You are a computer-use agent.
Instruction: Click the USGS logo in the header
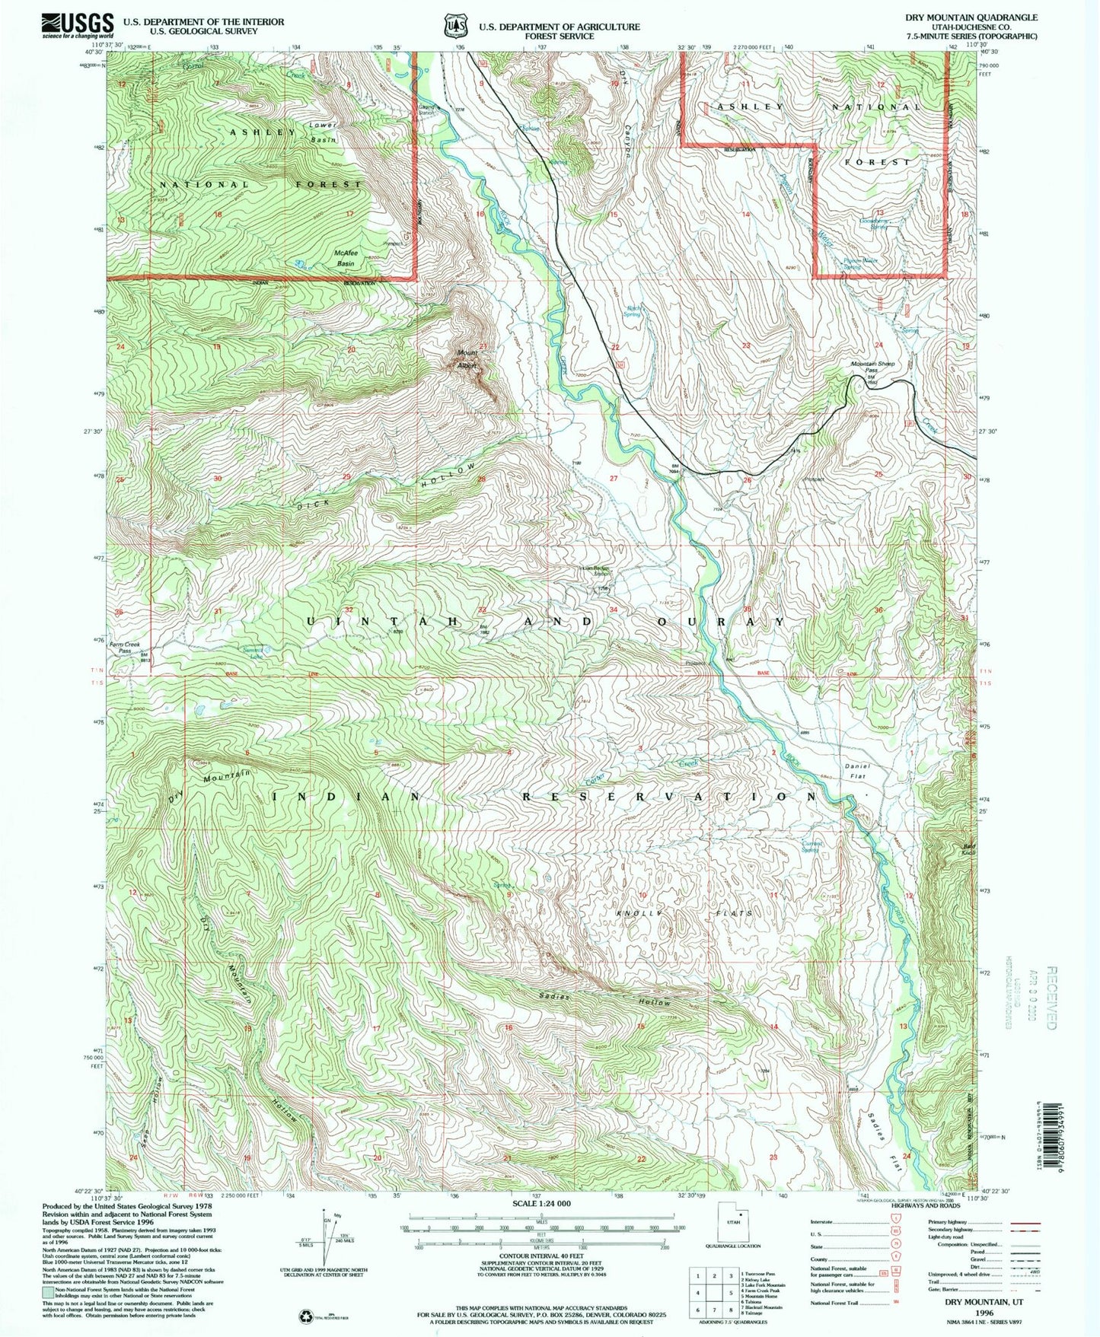click(78, 24)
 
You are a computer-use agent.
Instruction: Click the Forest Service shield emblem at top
click(455, 25)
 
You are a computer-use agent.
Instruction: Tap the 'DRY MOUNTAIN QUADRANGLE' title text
click(971, 17)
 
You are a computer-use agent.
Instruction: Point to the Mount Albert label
click(467, 359)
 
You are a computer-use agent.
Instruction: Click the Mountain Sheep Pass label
click(872, 367)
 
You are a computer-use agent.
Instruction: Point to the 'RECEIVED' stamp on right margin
click(1051, 998)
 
